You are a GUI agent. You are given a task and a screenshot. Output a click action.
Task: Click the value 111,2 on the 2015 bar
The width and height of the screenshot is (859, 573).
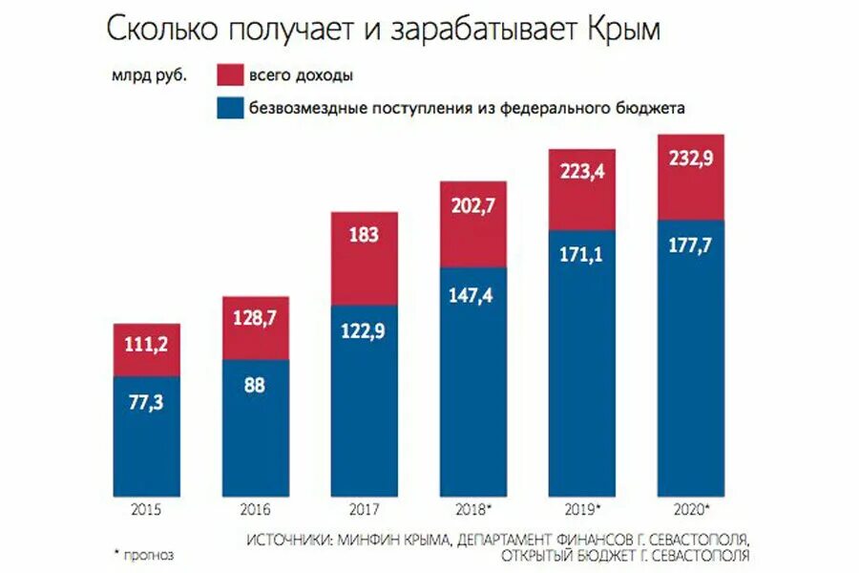coord(146,345)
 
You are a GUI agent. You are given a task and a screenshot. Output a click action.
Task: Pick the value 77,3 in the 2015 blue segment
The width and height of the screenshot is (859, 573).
coord(146,403)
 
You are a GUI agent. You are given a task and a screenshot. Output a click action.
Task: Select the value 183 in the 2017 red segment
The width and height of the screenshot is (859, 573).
coord(364,234)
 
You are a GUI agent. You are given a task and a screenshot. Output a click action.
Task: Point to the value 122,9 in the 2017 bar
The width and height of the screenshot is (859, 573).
coord(364,331)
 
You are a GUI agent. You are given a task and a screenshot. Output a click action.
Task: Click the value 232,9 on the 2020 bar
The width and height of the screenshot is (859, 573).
coord(691,160)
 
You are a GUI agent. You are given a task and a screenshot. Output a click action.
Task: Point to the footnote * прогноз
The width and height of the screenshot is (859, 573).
coord(144,553)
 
